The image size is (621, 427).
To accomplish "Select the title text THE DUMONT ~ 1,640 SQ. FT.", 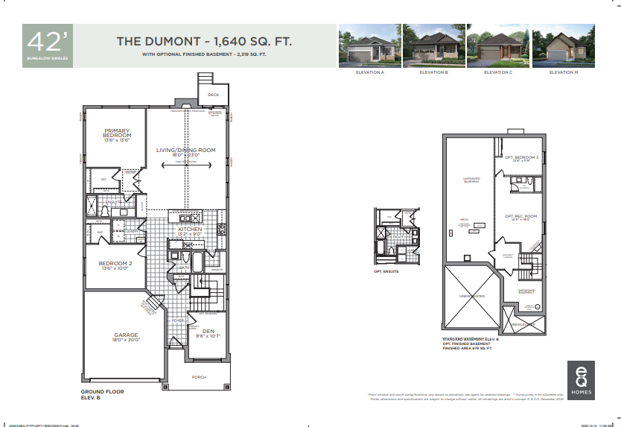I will [x=203, y=41].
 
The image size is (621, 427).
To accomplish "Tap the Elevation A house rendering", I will [x=369, y=45].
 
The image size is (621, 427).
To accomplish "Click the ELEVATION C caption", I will [x=497, y=72].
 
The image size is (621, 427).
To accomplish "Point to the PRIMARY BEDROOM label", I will [x=117, y=132].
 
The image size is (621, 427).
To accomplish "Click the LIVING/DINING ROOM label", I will [x=185, y=150].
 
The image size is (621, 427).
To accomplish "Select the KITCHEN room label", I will [x=191, y=230].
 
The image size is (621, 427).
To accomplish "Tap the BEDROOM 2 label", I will [x=115, y=263].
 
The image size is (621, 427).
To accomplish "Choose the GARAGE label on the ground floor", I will [x=126, y=335].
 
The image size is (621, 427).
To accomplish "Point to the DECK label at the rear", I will [x=214, y=95].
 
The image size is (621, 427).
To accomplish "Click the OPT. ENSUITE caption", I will [x=387, y=272].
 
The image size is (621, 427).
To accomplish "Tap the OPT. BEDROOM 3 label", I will [x=521, y=157].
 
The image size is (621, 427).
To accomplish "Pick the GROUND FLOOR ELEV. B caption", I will [x=102, y=394].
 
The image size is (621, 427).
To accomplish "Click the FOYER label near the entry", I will [x=179, y=320].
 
